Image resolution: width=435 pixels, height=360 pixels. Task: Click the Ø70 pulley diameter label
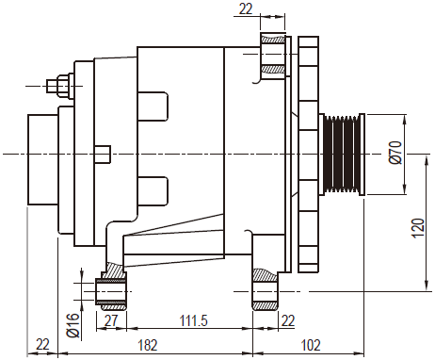(x=395, y=153)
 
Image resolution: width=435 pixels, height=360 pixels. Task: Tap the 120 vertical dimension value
(x=418, y=227)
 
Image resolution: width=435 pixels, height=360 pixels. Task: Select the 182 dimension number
(x=148, y=345)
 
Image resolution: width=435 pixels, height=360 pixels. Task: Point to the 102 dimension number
(x=311, y=345)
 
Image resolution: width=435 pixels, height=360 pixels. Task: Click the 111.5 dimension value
(x=194, y=321)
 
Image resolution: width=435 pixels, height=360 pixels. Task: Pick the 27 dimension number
(x=111, y=321)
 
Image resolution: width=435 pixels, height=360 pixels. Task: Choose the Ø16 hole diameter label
(x=72, y=325)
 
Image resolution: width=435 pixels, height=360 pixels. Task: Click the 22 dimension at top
(x=246, y=9)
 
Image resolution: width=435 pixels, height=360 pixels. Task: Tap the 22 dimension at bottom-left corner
(x=42, y=344)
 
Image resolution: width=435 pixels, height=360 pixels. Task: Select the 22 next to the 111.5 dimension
(x=288, y=321)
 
